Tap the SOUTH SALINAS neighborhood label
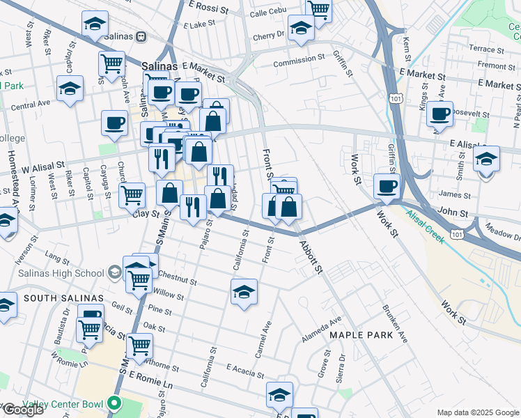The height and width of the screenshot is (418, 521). point(63,298)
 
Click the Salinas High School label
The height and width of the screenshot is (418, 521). point(63,272)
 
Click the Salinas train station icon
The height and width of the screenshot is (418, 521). point(141,36)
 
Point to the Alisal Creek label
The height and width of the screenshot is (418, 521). point(426,226)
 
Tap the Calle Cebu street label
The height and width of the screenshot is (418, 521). point(268,13)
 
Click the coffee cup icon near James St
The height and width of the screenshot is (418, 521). point(387,185)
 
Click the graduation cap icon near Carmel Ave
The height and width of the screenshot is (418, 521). point(244,291)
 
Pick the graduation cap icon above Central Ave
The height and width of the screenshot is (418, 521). point(70,88)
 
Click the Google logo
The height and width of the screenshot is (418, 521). point(23,410)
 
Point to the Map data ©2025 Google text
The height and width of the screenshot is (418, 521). point(477,412)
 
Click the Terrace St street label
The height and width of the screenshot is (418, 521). point(486,49)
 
